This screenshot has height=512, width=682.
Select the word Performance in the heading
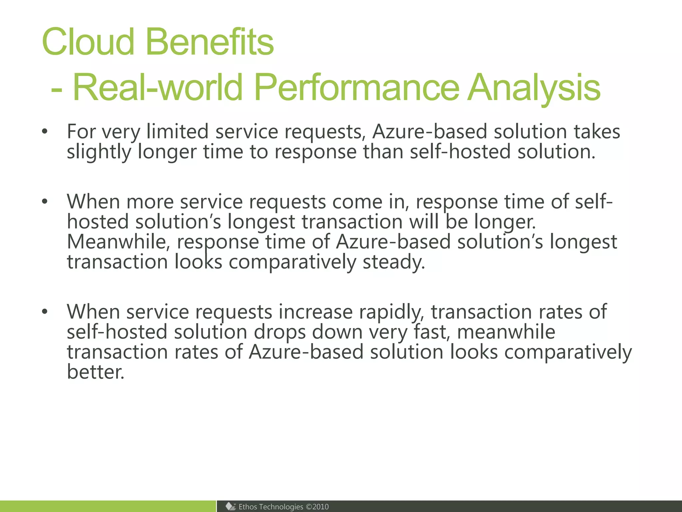[x=357, y=87]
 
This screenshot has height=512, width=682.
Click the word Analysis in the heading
[x=534, y=87]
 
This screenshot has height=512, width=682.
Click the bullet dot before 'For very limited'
[x=45, y=132]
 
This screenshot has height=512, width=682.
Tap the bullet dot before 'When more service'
[x=45, y=202]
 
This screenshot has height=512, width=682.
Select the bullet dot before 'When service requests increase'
[x=45, y=312]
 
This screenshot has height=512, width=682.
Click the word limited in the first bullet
[x=177, y=132]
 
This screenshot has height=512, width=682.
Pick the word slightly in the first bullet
[x=99, y=152]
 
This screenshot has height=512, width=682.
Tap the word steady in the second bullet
[x=393, y=262]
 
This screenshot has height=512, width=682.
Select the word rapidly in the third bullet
[x=391, y=312]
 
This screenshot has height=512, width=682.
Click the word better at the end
[x=95, y=372]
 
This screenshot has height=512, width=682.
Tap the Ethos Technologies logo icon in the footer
[x=230, y=506]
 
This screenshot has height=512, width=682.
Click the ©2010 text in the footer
[x=317, y=507]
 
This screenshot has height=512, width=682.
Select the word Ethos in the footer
[x=248, y=507]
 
